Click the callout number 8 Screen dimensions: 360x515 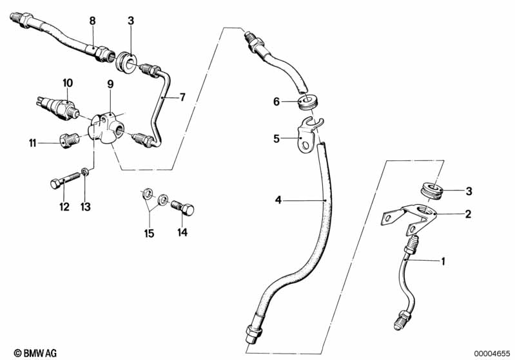point(92,21)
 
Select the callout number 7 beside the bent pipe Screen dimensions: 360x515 point(182,97)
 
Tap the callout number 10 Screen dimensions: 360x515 point(68,82)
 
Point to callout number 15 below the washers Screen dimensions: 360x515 point(150,234)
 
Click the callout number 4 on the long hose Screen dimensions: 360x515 point(278,200)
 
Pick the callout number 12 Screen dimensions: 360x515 point(63,207)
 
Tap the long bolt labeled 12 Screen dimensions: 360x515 point(62,181)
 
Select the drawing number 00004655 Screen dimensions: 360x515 point(491,352)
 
